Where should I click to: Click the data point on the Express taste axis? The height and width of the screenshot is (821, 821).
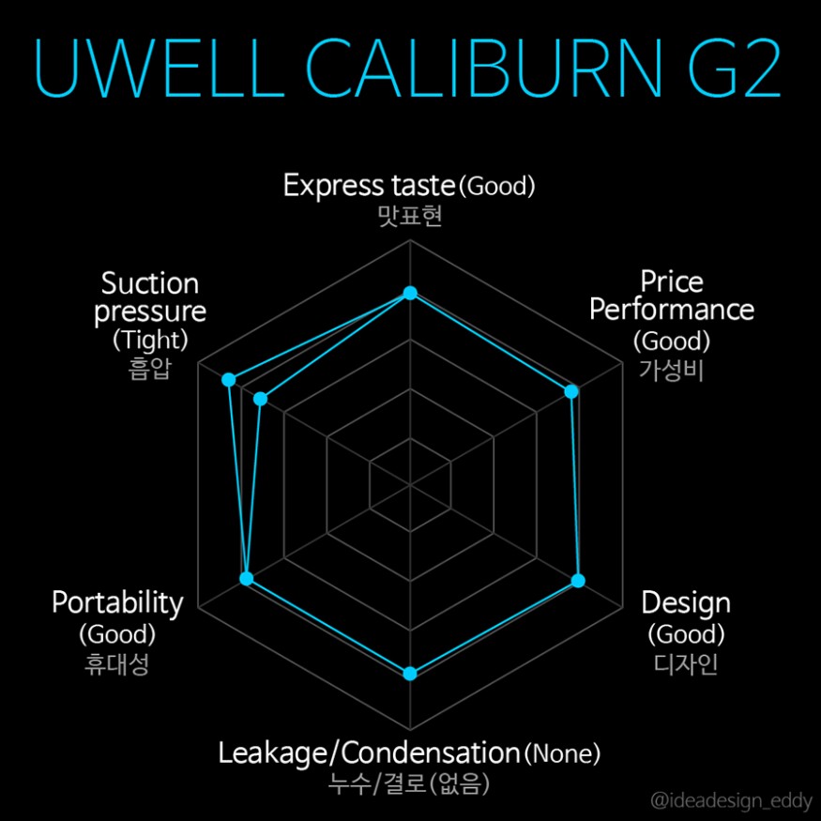tap(409, 294)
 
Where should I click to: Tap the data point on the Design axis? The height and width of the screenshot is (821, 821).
tap(578, 581)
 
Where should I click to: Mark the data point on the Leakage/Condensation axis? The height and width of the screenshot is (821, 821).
tap(409, 673)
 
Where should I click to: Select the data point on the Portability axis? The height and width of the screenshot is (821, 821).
tap(247, 579)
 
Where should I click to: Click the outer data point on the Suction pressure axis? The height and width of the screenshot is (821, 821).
tap(228, 380)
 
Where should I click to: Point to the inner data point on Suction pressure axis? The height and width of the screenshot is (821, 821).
tap(261, 400)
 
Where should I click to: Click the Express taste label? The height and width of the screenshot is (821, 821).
tap(370, 185)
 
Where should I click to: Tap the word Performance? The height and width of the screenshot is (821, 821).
tap(672, 309)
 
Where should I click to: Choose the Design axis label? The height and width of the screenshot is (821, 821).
tap(685, 602)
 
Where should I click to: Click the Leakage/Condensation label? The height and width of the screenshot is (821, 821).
tap(369, 753)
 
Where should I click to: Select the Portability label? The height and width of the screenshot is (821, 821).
tap(117, 602)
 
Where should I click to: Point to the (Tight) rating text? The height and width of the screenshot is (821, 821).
tap(150, 338)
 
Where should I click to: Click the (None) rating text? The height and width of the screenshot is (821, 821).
tap(561, 753)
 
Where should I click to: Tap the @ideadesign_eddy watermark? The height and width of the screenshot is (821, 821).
tap(732, 800)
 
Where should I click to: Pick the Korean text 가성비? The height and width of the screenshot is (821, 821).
tap(671, 369)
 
